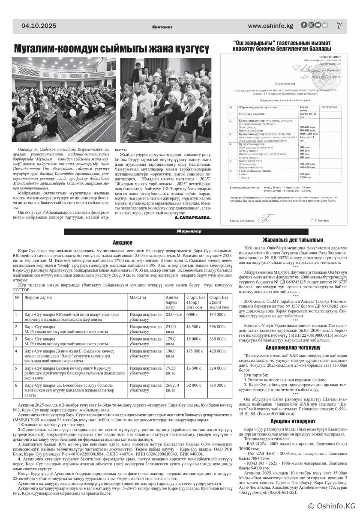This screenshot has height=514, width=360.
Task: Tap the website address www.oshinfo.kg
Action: [x=270, y=26]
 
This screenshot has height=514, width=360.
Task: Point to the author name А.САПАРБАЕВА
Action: [x=193, y=218]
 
